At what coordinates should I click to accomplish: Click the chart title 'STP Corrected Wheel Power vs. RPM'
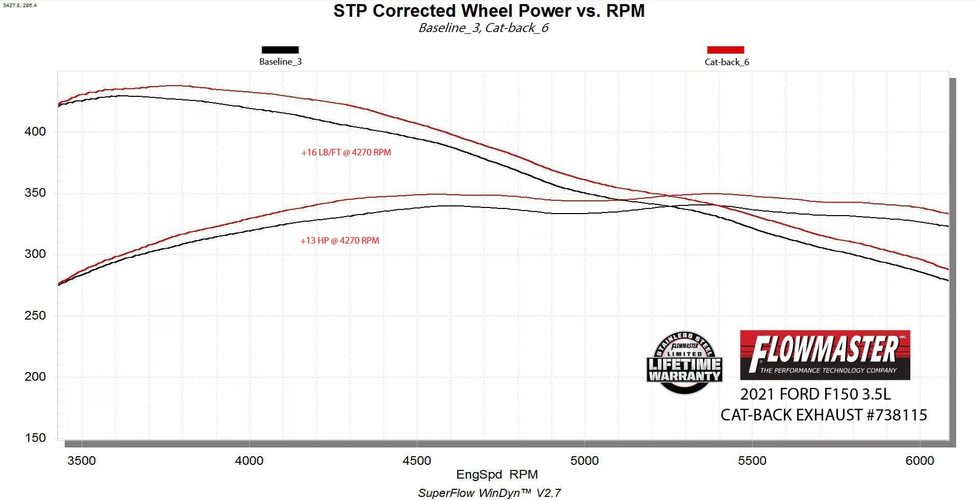(489, 11)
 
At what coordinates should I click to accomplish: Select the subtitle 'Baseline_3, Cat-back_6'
(483, 28)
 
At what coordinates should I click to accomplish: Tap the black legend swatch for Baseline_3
(280, 50)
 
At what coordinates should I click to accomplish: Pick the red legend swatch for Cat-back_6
(725, 50)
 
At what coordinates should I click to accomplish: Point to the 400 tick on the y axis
(35, 131)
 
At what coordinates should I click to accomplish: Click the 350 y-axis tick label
(35, 193)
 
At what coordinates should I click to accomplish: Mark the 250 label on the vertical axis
(35, 315)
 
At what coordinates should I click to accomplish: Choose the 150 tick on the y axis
(35, 438)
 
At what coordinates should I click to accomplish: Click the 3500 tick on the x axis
(82, 461)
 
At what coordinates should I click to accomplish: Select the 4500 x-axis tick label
(417, 461)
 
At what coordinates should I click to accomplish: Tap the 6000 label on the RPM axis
(920, 461)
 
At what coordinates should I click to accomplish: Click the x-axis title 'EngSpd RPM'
(497, 475)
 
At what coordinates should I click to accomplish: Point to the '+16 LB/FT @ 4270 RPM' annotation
(346, 152)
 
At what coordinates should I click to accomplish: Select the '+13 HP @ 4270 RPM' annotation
(339, 241)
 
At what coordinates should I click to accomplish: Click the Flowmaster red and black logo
(825, 355)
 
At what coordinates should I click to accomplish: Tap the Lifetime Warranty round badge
(684, 363)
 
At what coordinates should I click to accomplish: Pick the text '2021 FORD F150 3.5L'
(815, 394)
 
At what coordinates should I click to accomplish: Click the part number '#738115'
(897, 415)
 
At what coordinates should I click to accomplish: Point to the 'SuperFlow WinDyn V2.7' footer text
(489, 493)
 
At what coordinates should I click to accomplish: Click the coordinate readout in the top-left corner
(20, 6)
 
